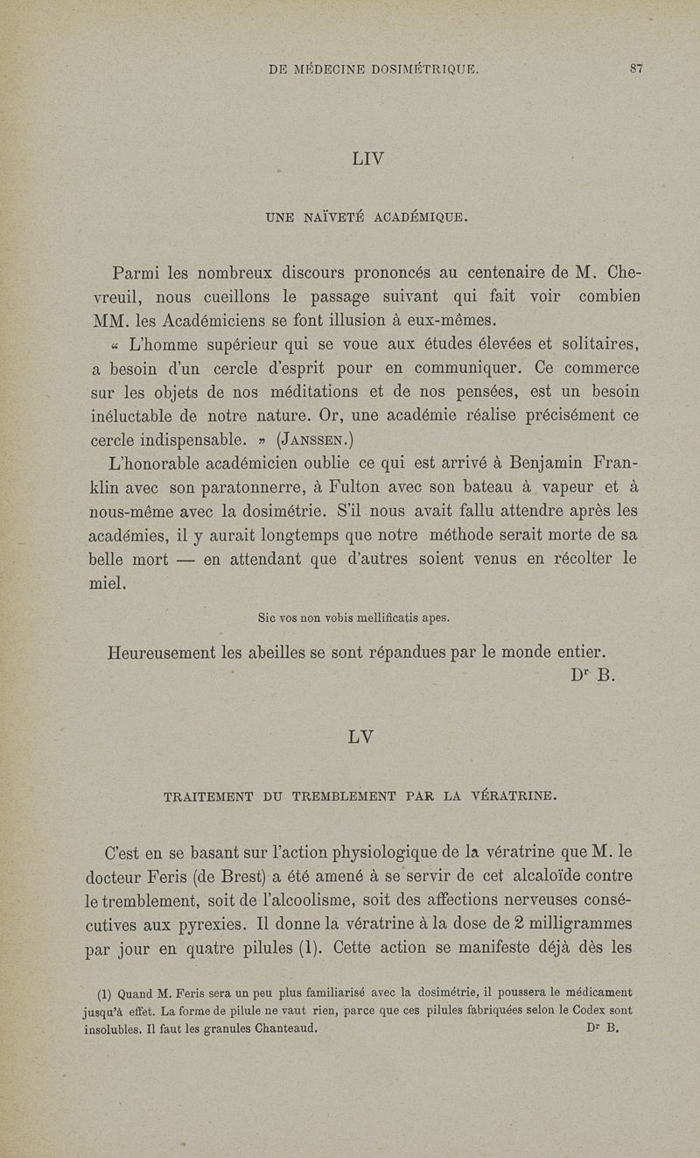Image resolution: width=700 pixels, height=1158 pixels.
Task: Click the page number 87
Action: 636,69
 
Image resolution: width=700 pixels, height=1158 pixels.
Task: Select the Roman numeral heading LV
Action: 361,737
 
